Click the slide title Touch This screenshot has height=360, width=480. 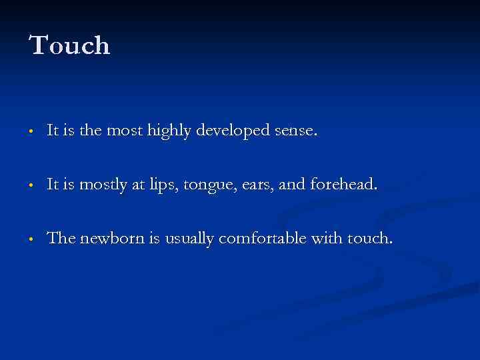coord(69,46)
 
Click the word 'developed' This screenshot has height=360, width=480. coord(233,132)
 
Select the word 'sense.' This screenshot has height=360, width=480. coord(296,132)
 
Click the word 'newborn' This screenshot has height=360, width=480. coord(110,238)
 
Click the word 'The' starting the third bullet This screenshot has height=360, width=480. coord(61,238)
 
